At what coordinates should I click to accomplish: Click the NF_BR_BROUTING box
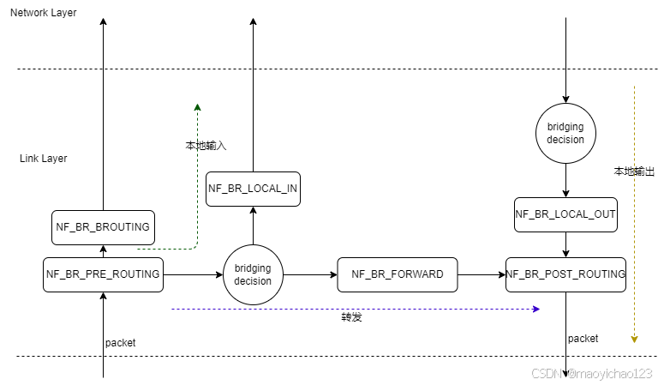click(103, 227)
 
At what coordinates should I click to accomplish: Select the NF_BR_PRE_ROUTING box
click(103, 274)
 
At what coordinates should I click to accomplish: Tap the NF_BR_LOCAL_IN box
click(253, 188)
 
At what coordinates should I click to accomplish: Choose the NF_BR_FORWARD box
click(398, 274)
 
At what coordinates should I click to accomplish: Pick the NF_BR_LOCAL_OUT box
click(565, 214)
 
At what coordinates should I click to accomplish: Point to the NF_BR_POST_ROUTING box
click(565, 274)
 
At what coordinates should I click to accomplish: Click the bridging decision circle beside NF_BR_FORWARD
click(253, 274)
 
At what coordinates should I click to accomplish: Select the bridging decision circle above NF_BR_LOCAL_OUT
click(565, 133)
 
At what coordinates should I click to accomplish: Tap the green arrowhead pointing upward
click(198, 107)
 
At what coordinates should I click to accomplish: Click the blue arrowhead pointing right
click(536, 309)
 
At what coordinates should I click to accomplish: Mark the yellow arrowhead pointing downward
click(634, 339)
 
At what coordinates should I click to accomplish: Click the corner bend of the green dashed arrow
click(197, 247)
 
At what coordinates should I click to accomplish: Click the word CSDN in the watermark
click(545, 373)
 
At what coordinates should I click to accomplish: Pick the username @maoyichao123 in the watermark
click(608, 373)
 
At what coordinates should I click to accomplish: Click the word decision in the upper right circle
click(565, 139)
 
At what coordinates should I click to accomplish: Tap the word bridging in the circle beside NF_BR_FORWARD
click(253, 269)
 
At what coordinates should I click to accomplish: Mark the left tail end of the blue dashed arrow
click(173, 309)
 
